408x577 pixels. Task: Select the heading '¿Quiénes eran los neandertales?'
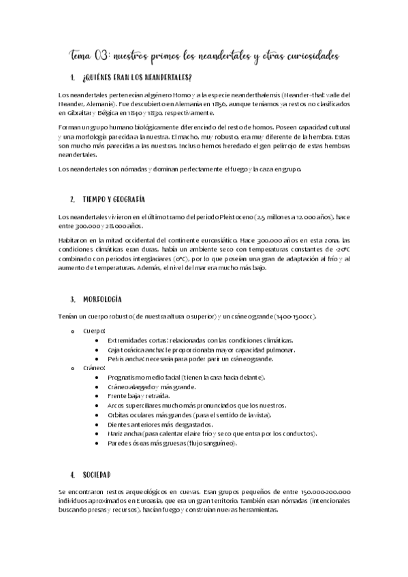pos(136,77)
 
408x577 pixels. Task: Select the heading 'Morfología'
pos(102,299)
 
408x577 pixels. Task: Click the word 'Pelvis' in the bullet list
pos(116,358)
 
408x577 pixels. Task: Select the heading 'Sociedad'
pos(97,474)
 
